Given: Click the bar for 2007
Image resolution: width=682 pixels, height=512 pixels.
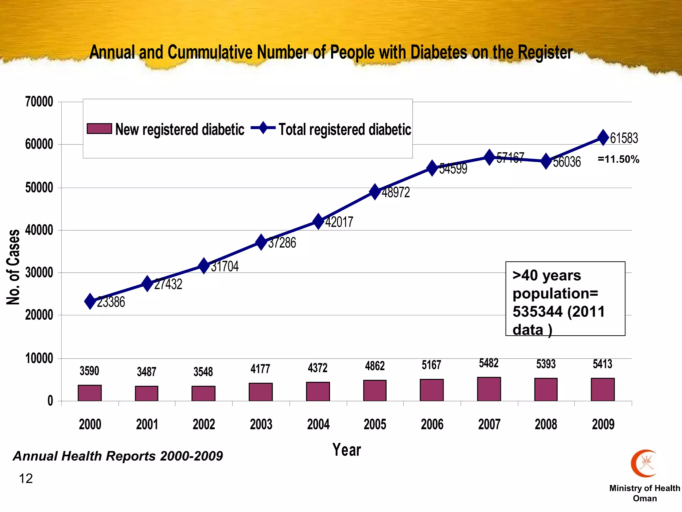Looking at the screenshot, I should pos(489,389).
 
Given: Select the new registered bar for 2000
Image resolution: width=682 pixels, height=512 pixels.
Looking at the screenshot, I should pos(90,393).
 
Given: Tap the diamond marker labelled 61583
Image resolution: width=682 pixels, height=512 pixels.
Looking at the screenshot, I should pos(603,138).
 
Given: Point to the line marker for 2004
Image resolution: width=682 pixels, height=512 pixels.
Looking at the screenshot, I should pos(318,222).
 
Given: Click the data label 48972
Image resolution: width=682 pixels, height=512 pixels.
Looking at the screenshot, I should pos(396,193).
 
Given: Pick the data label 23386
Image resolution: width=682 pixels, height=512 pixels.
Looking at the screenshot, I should pos(111,302).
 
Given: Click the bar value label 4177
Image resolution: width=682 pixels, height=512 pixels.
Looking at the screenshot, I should pos(260,369).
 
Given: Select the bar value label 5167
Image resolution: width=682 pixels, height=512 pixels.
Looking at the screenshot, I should pos(432,365).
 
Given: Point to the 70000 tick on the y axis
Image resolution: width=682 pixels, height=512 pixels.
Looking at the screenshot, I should pos(39,102).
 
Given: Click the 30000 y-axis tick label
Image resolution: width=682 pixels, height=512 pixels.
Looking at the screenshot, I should pos(39,273).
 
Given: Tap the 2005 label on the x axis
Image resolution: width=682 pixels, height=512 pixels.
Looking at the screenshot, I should pos(375,424).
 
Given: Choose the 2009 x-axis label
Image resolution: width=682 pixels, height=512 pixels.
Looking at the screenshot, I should pos(603,424).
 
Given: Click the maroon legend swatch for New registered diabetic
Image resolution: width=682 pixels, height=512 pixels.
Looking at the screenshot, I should pos(99,129).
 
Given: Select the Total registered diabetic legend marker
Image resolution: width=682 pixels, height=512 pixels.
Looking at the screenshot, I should pos(263,128).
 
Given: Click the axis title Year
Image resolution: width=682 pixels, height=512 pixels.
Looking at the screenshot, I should pos(347,450).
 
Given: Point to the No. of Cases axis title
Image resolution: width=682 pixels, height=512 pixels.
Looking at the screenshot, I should pos(13,267).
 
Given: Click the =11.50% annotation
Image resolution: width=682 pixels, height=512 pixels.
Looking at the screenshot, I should pos(618,159).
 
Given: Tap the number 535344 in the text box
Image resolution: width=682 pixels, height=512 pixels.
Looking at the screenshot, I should pos(538,312).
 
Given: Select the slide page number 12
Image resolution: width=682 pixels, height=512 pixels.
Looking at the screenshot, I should pos(26,479).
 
